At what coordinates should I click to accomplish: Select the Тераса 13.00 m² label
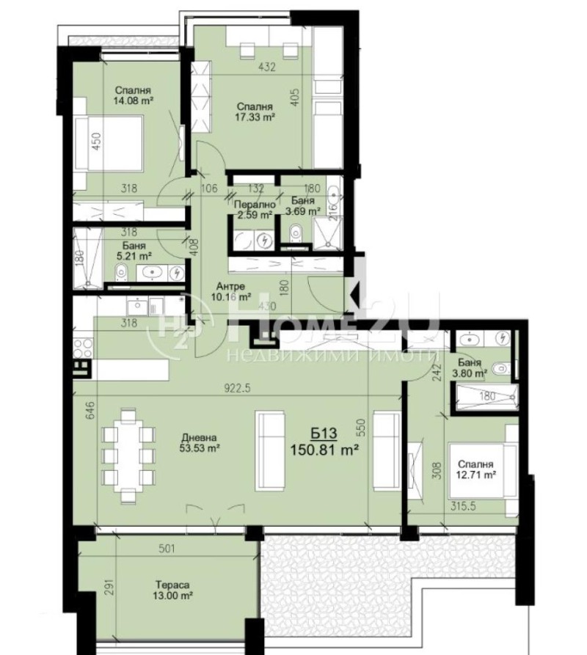[x=174, y=591]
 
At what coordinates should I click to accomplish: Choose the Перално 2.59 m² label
[x=254, y=210]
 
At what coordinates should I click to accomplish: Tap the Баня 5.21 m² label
[x=134, y=252]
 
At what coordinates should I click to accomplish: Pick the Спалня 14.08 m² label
[x=132, y=95]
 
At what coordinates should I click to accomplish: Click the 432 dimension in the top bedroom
[x=267, y=67]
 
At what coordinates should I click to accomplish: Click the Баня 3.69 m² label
[x=303, y=206]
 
